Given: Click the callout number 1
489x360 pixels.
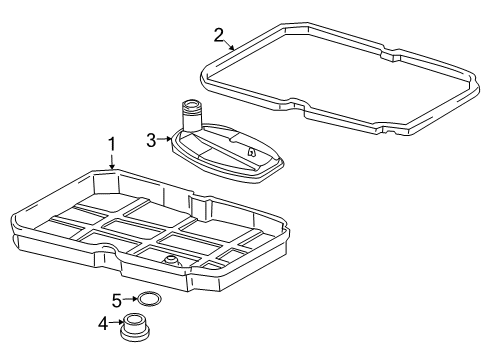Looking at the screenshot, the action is coord(112,144).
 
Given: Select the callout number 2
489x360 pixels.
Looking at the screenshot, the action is coord(219,35).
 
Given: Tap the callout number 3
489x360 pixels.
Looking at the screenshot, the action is coord(151,140).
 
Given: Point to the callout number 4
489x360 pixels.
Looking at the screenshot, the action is coord(103,323).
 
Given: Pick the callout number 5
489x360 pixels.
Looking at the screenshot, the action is coord(117,301).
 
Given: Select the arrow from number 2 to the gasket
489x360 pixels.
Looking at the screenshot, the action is coord(229,45).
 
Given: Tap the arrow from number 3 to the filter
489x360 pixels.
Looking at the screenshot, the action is coord(164,139).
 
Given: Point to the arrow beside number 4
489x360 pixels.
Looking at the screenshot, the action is coord(116,322).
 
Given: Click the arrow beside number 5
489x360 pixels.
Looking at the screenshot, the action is coord(130,299).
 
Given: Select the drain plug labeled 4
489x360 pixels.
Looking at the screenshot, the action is coord(134,327).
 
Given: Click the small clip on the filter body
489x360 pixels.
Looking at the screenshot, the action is coord(250,152).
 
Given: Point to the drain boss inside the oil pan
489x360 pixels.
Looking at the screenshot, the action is coord(171,260).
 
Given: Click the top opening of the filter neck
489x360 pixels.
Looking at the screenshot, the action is coord(191,105).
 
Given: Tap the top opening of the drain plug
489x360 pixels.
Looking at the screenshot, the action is coord(134,319).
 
